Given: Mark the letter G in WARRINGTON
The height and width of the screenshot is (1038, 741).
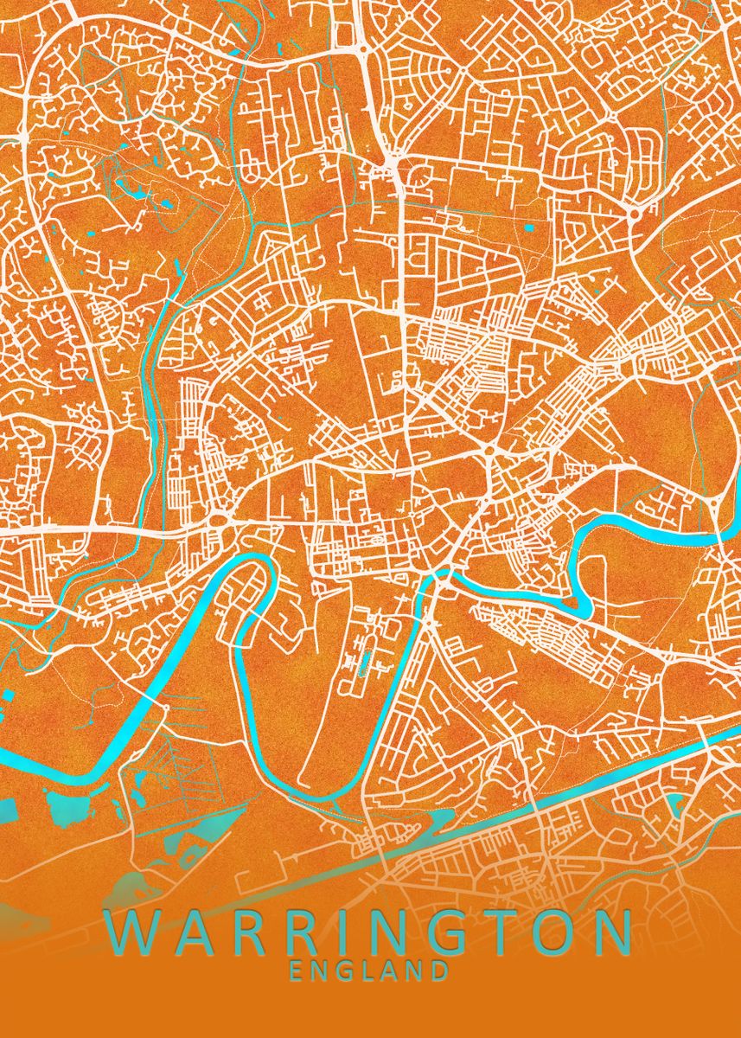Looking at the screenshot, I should point(445,932).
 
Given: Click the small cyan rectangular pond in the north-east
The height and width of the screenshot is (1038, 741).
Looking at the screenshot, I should point(529,228).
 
